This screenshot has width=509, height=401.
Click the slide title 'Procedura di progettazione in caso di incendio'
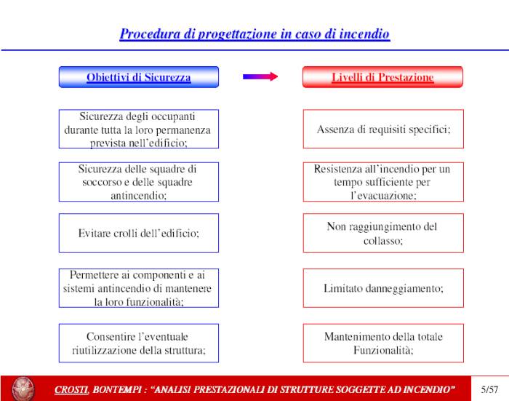tap(254, 34)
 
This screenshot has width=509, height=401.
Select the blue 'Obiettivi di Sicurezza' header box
tap(138, 77)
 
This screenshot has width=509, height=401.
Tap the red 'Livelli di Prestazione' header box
tap(382, 77)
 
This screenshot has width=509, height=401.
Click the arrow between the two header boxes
tap(260, 76)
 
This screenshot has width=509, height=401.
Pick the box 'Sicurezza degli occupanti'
tap(138, 130)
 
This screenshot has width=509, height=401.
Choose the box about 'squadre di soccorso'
tap(138, 182)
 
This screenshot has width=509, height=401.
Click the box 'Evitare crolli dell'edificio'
tap(138, 234)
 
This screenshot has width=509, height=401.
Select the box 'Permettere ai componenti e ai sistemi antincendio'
tap(138, 288)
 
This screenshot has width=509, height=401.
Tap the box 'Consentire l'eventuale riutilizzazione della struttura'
tap(138, 343)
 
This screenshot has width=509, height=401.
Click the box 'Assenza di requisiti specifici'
tap(383, 130)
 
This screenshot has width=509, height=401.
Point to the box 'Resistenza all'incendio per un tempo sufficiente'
tap(383, 182)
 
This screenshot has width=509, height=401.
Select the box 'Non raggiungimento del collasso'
tap(383, 234)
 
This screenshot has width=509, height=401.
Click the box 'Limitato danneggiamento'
tap(383, 288)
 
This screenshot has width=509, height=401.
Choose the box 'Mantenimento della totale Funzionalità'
tap(383, 343)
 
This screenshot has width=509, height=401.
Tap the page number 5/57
tap(490, 389)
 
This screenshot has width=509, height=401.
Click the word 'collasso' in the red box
tap(383, 240)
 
